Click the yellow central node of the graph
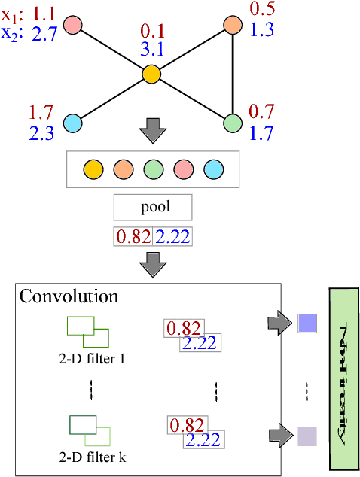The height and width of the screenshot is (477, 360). pos(151,74)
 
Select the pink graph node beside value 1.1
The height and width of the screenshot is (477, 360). pos(72,25)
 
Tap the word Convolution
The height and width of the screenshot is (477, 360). pos(69,296)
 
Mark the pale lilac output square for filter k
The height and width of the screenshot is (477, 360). pos(307,436)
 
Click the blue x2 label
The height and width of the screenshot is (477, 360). pos(12,33)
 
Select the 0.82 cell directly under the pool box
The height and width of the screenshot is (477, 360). pos(133,236)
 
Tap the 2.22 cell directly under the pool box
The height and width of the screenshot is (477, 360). pos(172,236)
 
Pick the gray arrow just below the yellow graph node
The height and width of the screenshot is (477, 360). pos(152,129)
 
